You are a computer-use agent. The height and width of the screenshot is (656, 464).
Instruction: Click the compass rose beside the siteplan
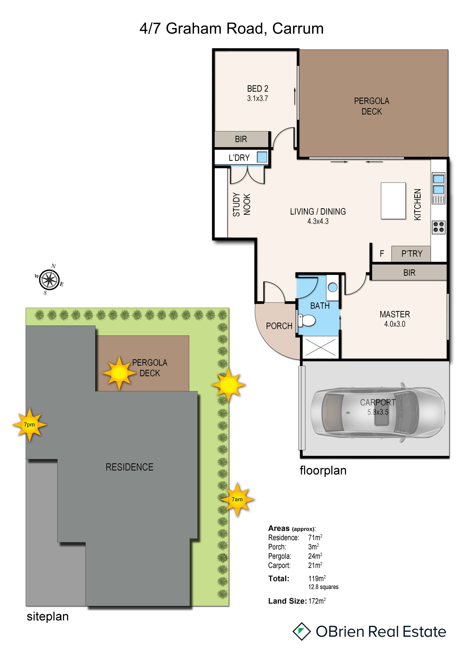click(x=49, y=279)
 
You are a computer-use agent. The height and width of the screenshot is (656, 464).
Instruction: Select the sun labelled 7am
click(x=237, y=499)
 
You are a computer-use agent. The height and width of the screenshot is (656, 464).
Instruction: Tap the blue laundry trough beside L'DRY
click(x=262, y=157)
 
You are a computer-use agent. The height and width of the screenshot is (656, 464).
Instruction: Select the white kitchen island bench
click(x=393, y=201)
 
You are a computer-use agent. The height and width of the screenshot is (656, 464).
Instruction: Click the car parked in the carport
click(x=378, y=412)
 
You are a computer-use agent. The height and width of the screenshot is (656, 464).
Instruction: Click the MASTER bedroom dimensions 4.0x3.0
click(x=395, y=324)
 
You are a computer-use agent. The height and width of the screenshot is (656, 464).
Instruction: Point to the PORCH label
click(x=279, y=326)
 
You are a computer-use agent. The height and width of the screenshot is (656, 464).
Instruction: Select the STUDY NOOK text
click(x=241, y=204)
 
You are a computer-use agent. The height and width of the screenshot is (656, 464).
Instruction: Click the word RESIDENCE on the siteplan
click(x=129, y=467)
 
